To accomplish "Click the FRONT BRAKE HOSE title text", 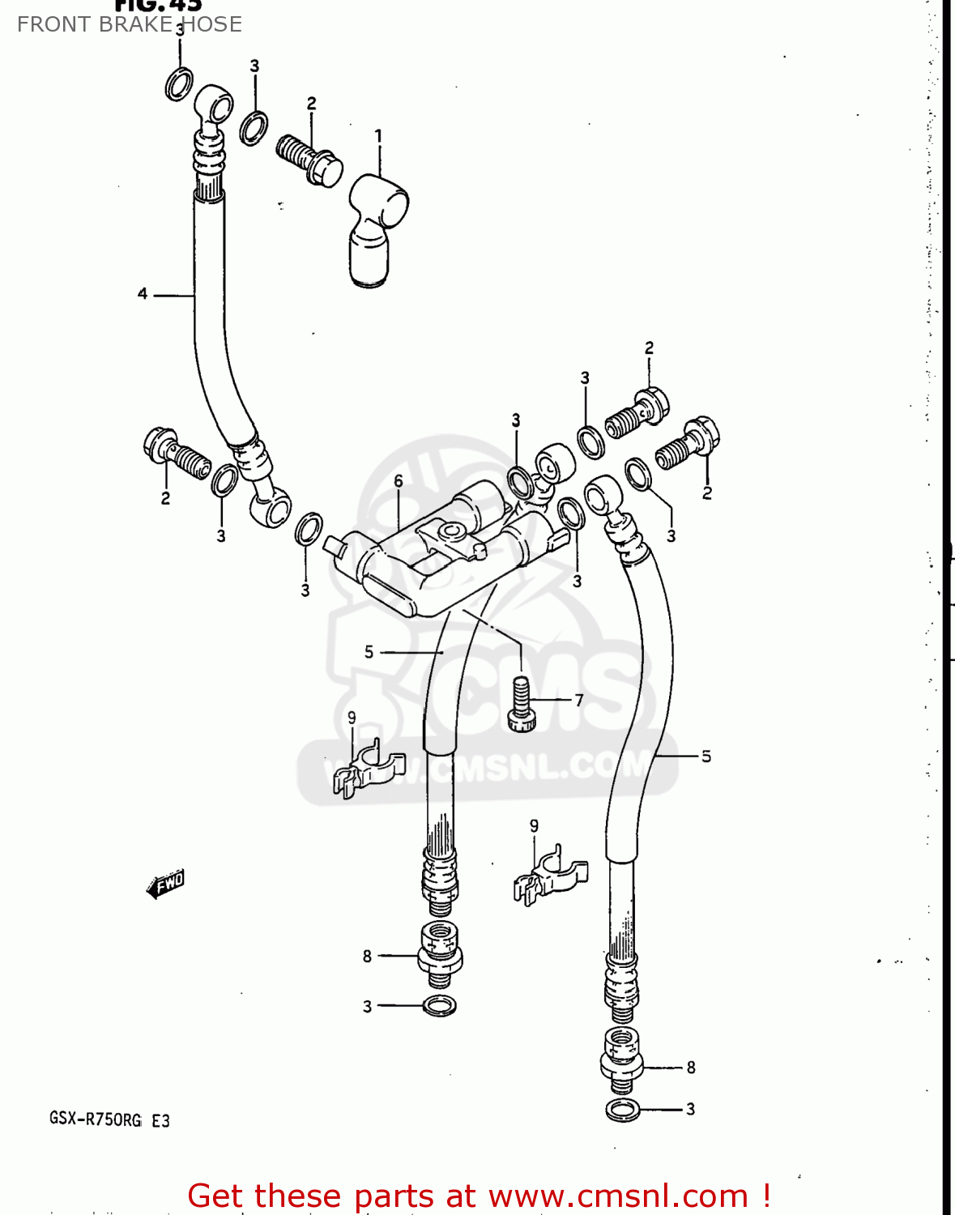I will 130,24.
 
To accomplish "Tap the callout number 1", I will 377,136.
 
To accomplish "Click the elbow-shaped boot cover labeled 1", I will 375,231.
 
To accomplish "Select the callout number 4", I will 143,294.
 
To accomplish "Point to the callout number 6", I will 398,481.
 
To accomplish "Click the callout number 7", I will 578,700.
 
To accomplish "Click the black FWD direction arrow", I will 167,884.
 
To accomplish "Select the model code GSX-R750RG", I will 96,1120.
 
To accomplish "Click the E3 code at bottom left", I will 160,1120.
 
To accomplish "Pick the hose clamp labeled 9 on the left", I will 368,769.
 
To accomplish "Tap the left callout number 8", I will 367,957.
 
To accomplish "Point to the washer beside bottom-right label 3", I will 622,1110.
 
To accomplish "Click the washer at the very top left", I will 179,84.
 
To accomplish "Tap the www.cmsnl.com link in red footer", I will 618,1196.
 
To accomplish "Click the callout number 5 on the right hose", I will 706,757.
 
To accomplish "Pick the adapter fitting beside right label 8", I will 621,1055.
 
